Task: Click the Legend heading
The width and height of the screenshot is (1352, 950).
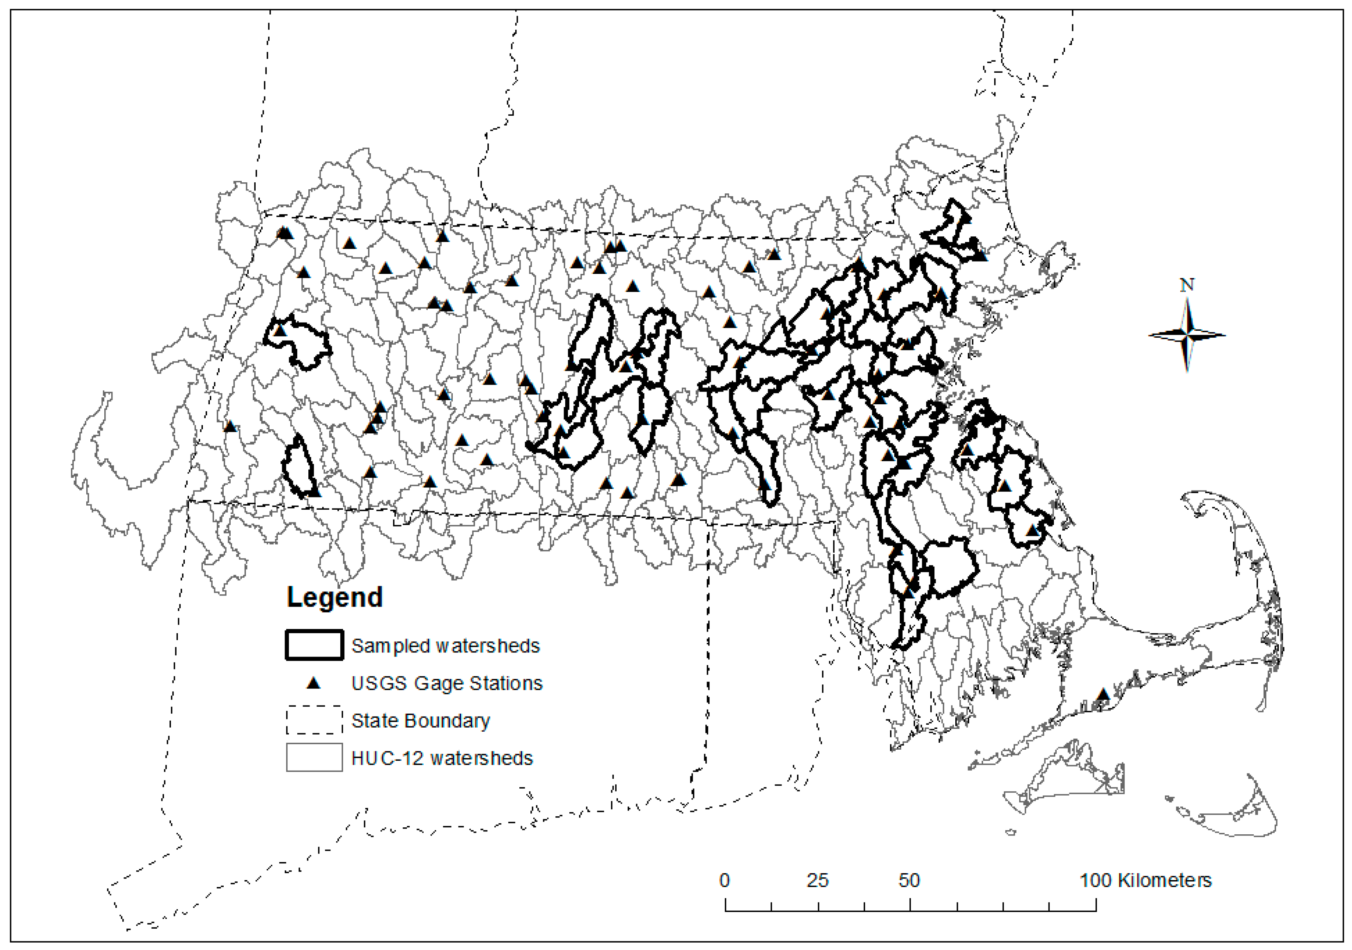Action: (335, 597)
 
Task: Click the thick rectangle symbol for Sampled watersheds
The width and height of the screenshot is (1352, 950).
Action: (314, 645)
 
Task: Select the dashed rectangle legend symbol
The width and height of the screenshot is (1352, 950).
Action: (314, 720)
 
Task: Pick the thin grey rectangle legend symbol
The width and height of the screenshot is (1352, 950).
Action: (314, 757)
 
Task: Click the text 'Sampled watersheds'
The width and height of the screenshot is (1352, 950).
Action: (445, 646)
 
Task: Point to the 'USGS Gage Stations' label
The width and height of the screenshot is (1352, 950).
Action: (446, 683)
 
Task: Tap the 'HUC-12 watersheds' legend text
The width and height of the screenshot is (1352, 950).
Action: (442, 758)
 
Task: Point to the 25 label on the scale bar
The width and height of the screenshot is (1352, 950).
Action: (817, 881)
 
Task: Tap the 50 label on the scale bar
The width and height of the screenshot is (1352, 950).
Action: (909, 881)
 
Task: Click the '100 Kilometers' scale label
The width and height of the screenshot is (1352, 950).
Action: (1145, 881)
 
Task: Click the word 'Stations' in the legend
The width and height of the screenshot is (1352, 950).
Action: (508, 683)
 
